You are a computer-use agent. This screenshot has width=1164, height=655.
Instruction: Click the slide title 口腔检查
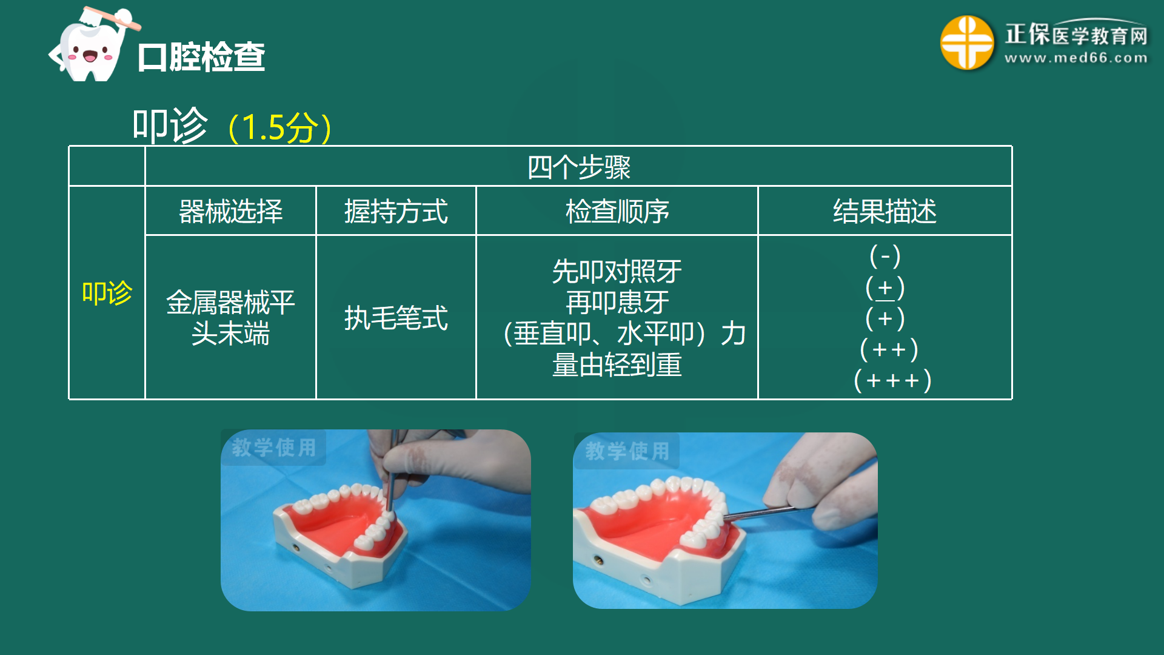(201, 57)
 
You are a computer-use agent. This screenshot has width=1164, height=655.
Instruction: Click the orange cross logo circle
(966, 42)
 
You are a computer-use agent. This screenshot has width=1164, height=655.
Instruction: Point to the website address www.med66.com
(1075, 59)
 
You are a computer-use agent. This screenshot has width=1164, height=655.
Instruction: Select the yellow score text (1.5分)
(280, 127)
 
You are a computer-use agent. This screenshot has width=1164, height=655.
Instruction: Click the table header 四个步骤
(578, 167)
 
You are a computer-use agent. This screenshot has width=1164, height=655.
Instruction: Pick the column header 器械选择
(230, 212)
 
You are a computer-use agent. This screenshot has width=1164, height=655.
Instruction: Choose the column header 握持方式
(396, 212)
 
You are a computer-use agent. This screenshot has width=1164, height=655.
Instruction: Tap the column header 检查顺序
(617, 212)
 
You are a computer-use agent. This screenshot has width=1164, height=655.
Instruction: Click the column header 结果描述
(885, 212)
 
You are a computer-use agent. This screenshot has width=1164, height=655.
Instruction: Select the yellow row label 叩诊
(107, 293)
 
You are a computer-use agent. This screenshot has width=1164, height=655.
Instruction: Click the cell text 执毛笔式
(396, 318)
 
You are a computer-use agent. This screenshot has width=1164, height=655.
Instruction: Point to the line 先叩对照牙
(617, 271)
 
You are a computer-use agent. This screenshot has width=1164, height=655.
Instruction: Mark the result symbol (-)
(885, 256)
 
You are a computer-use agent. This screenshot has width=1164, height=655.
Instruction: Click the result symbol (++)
(889, 350)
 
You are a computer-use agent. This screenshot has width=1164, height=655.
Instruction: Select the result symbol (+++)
(892, 381)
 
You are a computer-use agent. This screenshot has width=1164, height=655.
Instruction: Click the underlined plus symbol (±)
(885, 287)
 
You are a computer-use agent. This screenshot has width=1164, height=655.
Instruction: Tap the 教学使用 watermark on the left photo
(274, 448)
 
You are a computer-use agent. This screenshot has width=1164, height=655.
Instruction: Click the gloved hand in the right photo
(831, 485)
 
